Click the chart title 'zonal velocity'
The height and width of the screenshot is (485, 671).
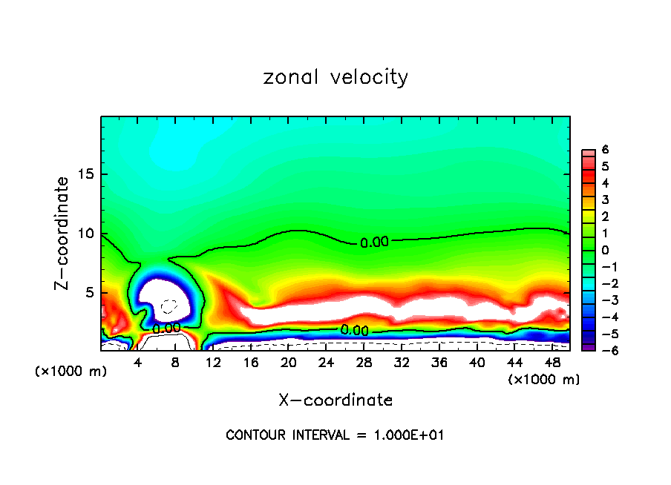coord(335,77)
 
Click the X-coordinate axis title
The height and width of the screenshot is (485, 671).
coord(335,400)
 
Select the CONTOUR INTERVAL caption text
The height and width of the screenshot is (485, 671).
coord(335,435)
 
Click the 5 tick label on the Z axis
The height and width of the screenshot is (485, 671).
coord(88,293)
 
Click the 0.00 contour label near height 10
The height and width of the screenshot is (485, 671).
coord(374,242)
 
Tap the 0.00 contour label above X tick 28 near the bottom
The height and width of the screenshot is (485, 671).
coord(355,330)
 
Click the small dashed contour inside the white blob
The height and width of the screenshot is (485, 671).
coord(169,306)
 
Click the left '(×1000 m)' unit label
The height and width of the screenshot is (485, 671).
coord(71,372)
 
